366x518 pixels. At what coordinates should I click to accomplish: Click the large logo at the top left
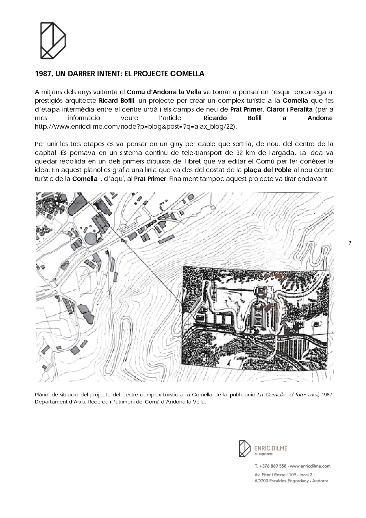point(53,40)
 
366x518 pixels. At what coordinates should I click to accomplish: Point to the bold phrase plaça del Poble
point(267,170)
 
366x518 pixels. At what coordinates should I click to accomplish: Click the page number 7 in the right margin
point(350,244)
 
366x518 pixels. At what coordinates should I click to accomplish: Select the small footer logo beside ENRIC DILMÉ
point(244,449)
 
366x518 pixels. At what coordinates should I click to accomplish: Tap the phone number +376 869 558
point(273,466)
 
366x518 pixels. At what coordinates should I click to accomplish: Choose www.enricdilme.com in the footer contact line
point(310,466)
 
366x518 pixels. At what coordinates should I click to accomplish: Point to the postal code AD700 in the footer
point(261,481)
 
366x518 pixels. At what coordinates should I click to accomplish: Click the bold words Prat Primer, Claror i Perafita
point(271,110)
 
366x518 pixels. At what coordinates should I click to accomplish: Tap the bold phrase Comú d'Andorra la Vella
point(164,92)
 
